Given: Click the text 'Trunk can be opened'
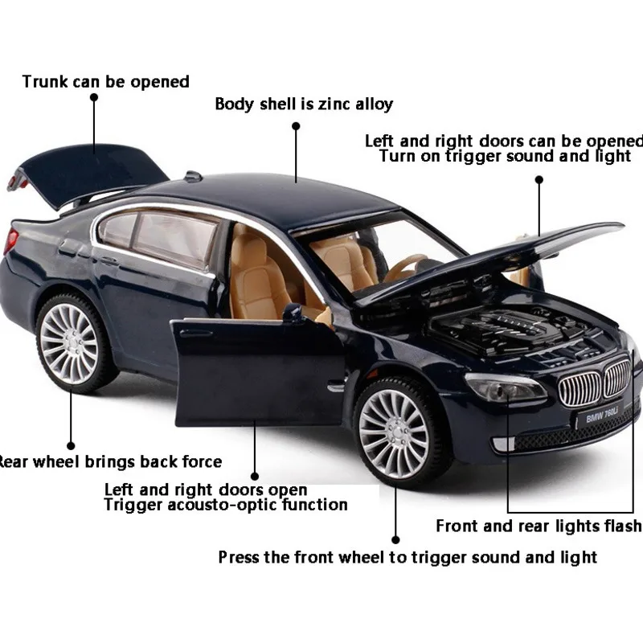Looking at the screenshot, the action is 105,81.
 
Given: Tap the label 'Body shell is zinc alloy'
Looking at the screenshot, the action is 304,104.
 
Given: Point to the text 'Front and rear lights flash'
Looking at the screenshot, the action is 539,526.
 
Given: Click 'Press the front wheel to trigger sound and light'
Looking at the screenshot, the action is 408,557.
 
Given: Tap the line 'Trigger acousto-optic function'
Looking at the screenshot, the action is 226,505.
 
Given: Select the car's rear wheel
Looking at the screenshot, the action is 70,342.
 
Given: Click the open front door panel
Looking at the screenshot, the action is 257,370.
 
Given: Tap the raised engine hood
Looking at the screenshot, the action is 498,257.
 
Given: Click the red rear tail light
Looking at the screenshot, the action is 11,240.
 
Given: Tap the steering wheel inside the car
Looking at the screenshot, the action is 406,266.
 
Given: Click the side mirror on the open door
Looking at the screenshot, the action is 294,312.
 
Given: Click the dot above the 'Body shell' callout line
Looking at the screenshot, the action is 296,126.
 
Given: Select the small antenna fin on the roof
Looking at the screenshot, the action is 193,176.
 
